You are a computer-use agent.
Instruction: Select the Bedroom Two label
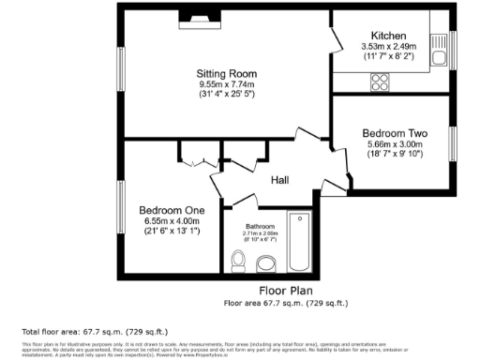[395, 133]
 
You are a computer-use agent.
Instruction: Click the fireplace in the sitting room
[201, 16]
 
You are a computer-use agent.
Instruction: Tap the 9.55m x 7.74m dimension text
[226, 83]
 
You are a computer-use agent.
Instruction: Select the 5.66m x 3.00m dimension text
[395, 144]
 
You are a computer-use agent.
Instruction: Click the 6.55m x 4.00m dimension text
[172, 219]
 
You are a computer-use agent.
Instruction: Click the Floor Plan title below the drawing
[286, 291]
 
